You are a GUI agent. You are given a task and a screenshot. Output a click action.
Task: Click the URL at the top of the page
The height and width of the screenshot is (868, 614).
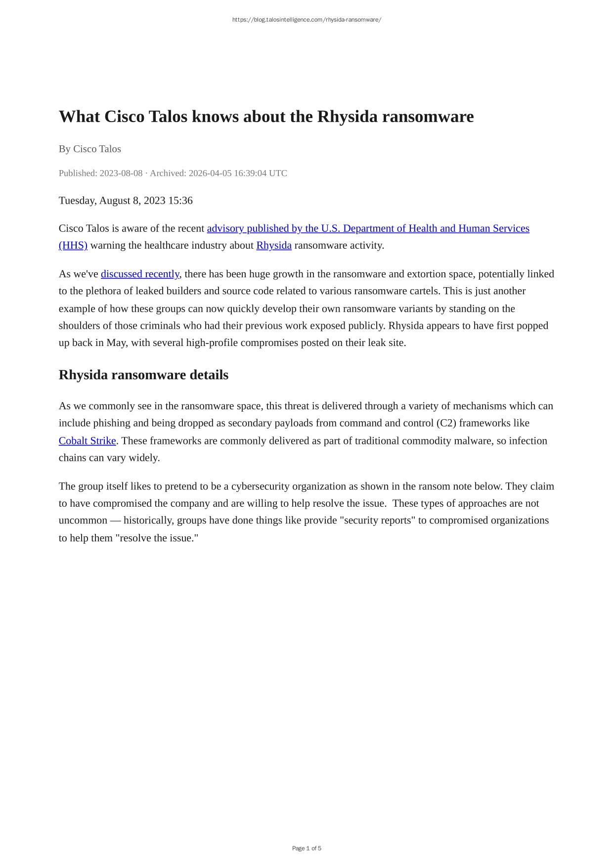tap(307, 20)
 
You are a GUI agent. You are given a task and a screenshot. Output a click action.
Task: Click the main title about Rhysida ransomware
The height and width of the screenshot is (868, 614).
tap(266, 117)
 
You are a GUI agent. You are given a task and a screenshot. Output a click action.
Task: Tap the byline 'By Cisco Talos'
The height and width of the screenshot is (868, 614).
tap(89, 149)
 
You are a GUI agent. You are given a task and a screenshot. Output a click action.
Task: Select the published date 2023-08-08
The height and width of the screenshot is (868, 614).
tap(121, 173)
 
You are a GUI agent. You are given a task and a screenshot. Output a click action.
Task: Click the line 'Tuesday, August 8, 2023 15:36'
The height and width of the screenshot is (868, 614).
tap(126, 200)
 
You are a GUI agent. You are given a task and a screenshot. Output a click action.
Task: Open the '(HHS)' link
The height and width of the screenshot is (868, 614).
tap(73, 245)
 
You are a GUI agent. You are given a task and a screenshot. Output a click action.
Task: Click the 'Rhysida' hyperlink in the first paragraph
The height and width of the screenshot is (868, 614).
tap(274, 245)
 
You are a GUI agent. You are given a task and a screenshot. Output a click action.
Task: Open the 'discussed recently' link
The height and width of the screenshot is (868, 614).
tap(140, 274)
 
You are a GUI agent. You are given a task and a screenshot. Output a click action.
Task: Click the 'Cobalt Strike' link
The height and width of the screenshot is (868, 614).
tap(87, 440)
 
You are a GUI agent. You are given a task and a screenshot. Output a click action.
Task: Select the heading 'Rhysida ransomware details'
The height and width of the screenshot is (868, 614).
tap(143, 375)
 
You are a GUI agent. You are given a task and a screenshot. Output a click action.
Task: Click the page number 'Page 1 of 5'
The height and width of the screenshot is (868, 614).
tap(307, 848)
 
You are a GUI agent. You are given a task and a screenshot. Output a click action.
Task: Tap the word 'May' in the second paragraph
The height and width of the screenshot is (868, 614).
tap(116, 343)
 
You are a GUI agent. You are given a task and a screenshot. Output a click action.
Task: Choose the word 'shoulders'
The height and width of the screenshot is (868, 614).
tap(81, 326)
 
